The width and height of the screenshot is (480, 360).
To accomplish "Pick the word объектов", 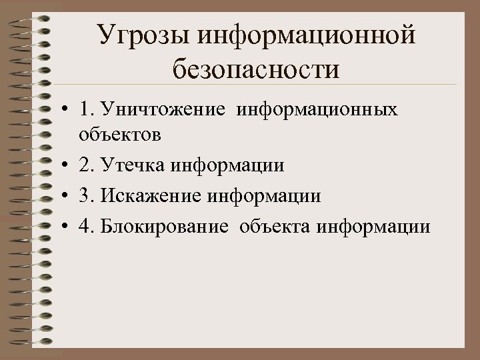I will click(x=119, y=135).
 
